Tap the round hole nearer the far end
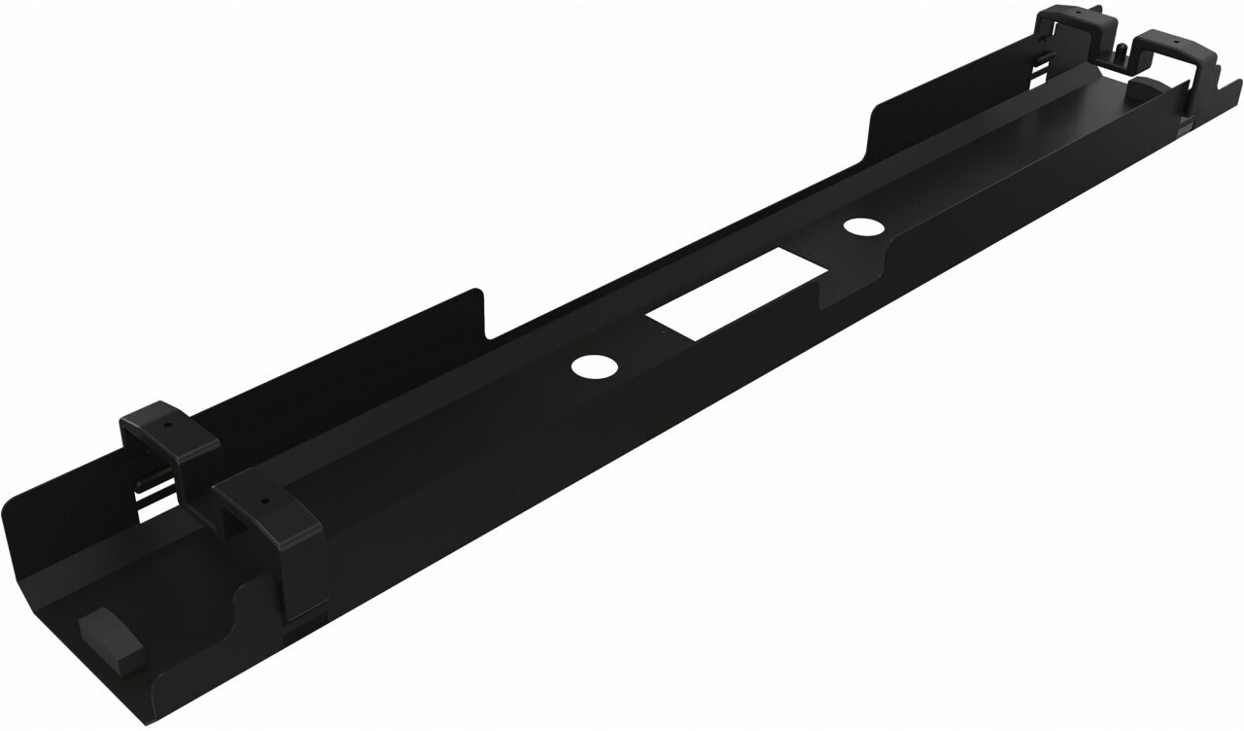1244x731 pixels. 858,228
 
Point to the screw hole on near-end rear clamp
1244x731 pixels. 167,425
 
